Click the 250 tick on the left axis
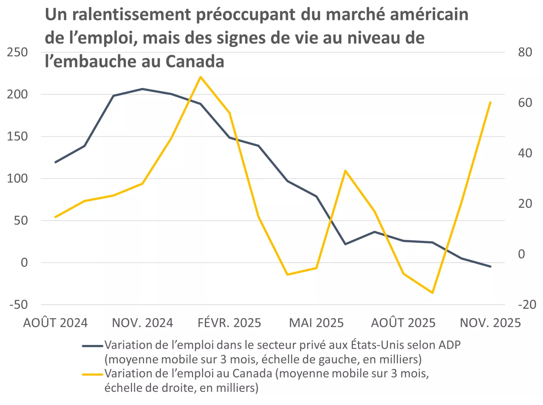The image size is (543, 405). click(17, 52)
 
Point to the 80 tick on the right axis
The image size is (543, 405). click(525, 52)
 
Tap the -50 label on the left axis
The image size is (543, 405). click(19, 304)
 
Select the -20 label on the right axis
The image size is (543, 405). click(527, 304)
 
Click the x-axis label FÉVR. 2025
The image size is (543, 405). click(229, 323)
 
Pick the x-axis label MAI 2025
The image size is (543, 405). click(316, 323)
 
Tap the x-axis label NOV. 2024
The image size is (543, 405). click(143, 323)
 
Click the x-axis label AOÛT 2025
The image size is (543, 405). click(403, 323)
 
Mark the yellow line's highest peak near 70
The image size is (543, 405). click(201, 77)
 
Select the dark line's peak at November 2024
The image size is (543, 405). click(143, 89)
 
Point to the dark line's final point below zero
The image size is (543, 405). click(490, 266)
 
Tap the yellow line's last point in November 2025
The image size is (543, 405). click(490, 102)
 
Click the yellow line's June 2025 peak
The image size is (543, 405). click(345, 170)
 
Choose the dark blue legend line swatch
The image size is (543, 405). click(92, 346)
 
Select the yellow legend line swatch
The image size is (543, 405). click(92, 374)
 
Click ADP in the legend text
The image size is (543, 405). click(449, 345)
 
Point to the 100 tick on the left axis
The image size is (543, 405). click(17, 178)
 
